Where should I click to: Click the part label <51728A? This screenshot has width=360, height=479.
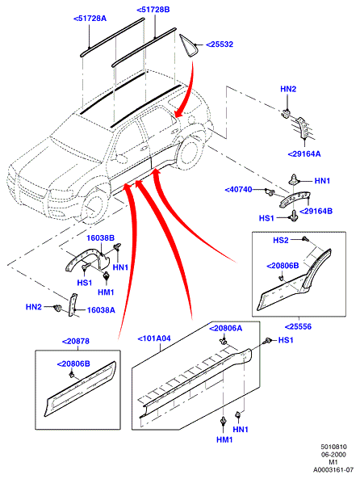tap(90, 19)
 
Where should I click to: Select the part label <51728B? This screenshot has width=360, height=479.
tap(153, 10)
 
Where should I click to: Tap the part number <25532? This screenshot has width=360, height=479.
tap(220, 44)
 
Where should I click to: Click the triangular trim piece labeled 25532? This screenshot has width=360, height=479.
tap(188, 45)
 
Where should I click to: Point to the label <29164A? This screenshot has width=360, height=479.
tap(304, 154)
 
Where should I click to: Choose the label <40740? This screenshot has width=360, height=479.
tap(238, 190)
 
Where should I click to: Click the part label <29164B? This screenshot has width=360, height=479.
tap(316, 211)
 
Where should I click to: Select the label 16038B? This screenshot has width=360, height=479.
tap(100, 237)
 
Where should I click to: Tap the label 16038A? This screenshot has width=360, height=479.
tap(101, 310)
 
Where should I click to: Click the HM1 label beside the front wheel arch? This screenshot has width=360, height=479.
tap(106, 292)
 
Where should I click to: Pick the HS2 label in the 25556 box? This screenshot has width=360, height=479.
tap(281, 241)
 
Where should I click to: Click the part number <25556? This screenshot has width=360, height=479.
tap(298, 326)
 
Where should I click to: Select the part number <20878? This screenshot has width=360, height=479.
tap(76, 341)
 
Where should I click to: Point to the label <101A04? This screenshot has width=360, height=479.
tap(154, 338)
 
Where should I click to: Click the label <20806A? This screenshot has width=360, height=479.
tap(226, 329)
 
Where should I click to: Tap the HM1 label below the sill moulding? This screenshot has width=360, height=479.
tap(224, 439)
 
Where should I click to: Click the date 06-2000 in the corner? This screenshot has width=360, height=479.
tap(333, 455)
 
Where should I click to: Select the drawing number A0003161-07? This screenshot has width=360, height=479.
tap(333, 469)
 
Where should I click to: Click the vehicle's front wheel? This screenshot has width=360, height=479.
tap(92, 206)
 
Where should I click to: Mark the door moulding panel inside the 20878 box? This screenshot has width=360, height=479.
tap(81, 389)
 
